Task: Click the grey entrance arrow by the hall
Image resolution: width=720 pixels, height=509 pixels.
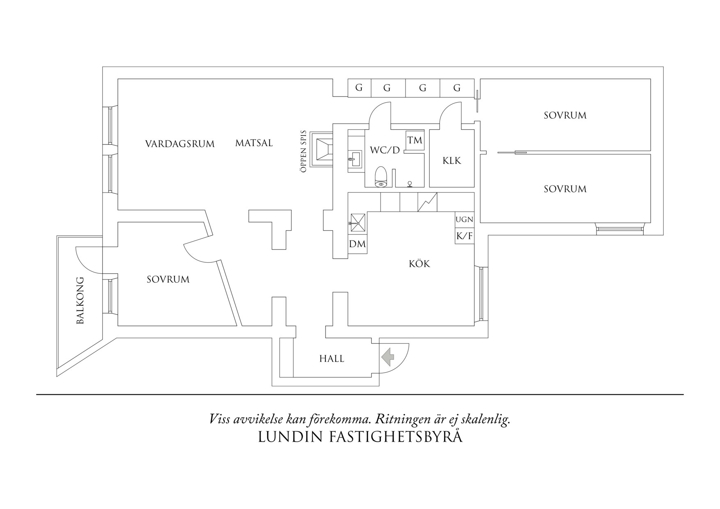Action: click(x=387, y=357)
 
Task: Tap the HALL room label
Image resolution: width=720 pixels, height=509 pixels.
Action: click(x=332, y=359)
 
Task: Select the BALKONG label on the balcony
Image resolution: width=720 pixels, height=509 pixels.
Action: click(x=80, y=300)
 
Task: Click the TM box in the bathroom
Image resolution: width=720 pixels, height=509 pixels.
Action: click(x=415, y=140)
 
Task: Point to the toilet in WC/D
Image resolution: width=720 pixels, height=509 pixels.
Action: click(x=381, y=177)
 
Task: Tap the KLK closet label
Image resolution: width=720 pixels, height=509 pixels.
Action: click(x=452, y=160)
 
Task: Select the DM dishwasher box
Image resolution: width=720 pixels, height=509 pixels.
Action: click(x=357, y=244)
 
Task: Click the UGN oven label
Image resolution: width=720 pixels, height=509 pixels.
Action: click(x=464, y=220)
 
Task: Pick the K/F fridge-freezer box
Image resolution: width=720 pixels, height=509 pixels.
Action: click(x=464, y=236)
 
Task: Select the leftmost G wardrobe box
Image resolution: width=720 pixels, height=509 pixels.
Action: click(x=359, y=88)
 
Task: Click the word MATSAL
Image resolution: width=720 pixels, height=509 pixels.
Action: click(x=254, y=143)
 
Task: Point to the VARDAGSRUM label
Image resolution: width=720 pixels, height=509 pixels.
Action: click(x=180, y=144)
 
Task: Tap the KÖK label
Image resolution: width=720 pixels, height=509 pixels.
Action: click(x=419, y=264)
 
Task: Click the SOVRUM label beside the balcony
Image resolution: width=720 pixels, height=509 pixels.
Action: click(x=168, y=280)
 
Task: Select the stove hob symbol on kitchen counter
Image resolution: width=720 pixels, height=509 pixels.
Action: click(x=427, y=202)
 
